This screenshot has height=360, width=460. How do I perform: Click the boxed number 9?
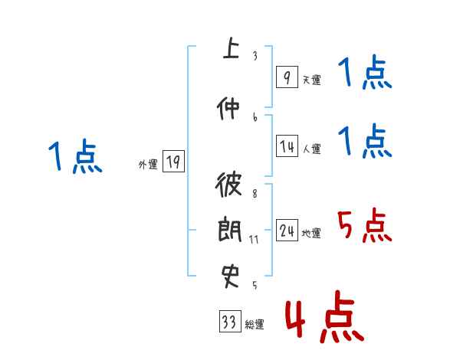287,77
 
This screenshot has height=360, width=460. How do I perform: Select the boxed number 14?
287,147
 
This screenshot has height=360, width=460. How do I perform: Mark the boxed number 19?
173,162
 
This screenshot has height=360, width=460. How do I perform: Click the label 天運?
311,80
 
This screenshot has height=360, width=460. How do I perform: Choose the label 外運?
148,164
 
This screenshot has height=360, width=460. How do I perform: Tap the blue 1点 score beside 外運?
75,157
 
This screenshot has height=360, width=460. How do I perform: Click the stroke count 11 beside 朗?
254,239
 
